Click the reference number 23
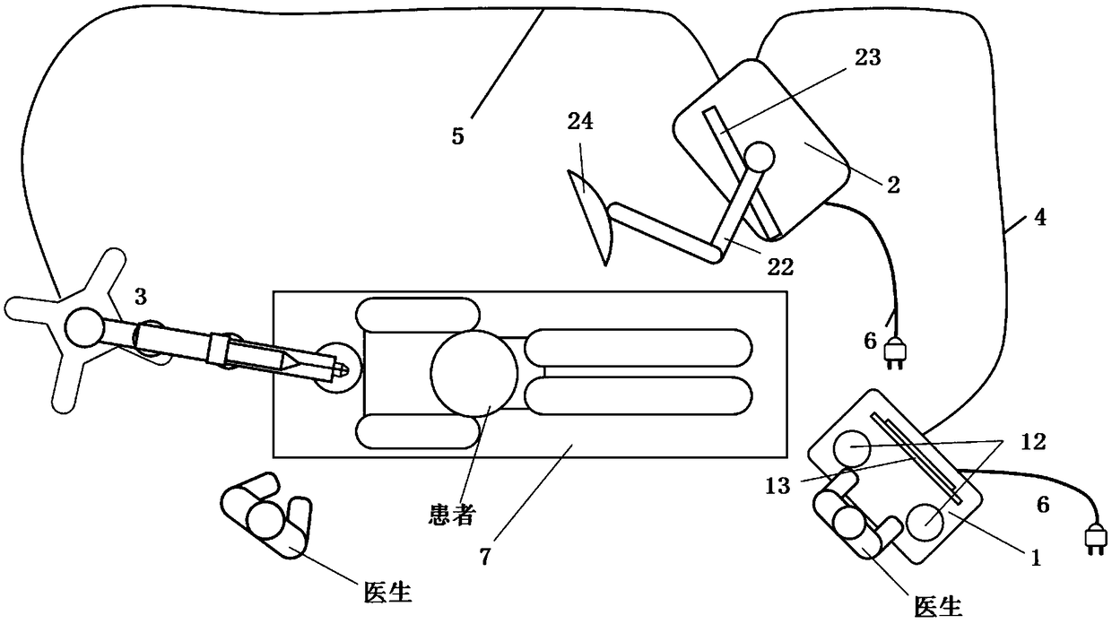(x=868, y=58)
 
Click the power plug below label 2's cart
(x=896, y=353)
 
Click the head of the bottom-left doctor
(x=264, y=518)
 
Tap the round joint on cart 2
(x=760, y=158)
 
